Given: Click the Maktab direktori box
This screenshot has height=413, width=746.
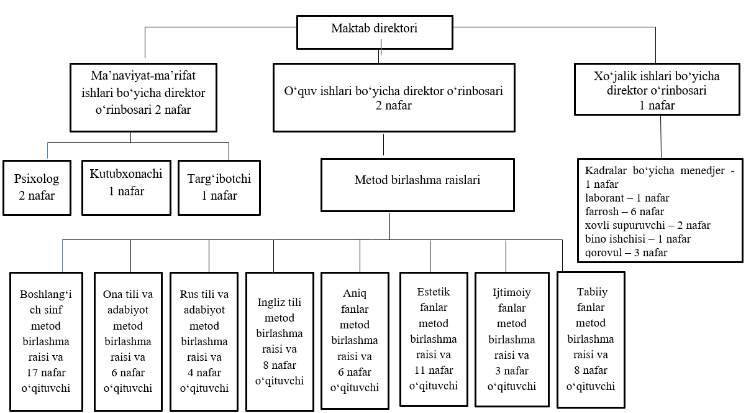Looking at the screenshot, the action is pyautogui.click(x=375, y=32).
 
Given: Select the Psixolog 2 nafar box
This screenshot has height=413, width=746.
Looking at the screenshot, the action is pyautogui.click(x=37, y=188).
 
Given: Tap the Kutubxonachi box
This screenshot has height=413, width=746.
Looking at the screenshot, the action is pyautogui.click(x=126, y=188).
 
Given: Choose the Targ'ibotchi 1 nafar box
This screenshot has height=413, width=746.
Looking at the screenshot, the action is pyautogui.click(x=219, y=188).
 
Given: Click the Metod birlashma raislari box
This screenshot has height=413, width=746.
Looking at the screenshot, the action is pyautogui.click(x=417, y=185).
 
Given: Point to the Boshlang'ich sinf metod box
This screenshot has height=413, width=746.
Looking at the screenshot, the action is pyautogui.click(x=47, y=341).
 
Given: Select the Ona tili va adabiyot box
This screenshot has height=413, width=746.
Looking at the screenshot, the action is pyautogui.click(x=128, y=341).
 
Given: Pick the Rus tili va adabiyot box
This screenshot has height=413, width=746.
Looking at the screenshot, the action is pyautogui.click(x=204, y=341).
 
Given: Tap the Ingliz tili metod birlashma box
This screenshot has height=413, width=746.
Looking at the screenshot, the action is pyautogui.click(x=280, y=341).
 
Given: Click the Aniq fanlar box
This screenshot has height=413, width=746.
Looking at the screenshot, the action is pyautogui.click(x=355, y=341).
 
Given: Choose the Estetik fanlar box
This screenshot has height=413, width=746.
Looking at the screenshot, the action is pyautogui.click(x=434, y=339).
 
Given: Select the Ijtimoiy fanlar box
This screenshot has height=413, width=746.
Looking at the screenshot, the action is pyautogui.click(x=512, y=340).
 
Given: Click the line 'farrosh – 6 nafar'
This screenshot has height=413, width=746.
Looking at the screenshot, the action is pyautogui.click(x=624, y=211).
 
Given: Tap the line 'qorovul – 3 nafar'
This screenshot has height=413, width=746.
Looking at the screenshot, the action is pyautogui.click(x=626, y=253).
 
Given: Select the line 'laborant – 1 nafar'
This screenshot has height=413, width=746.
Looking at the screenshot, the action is pyautogui.click(x=627, y=198).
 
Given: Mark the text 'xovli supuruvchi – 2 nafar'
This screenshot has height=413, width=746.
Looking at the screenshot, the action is pyautogui.click(x=648, y=225).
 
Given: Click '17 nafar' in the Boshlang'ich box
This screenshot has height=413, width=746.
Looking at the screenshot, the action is pyautogui.click(x=47, y=373).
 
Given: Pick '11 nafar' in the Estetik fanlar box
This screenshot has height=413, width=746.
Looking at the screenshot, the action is pyautogui.click(x=434, y=370).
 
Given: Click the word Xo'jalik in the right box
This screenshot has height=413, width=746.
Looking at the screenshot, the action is pyautogui.click(x=612, y=77).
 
